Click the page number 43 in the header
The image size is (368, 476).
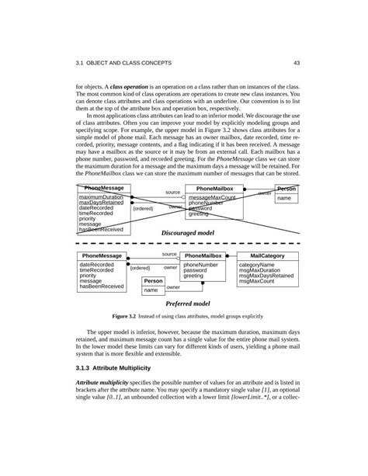[x=297, y=63]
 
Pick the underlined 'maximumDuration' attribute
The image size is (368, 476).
[x=102, y=197]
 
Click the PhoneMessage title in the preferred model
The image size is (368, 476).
[x=101, y=255]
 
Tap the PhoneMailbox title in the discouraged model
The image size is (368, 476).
[x=214, y=189]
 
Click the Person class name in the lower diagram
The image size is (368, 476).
[x=153, y=280]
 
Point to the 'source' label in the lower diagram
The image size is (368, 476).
[x=169, y=254]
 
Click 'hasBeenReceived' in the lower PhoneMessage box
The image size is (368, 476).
[x=102, y=287]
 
